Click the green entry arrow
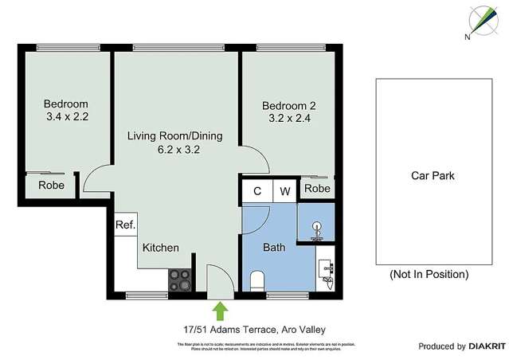pos(219,310)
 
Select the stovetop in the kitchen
pos(179,279)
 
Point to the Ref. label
pos(125,225)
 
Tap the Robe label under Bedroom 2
pos(317,189)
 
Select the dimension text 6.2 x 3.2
pos(174,150)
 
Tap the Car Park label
pos(433,176)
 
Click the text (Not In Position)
pos(429,274)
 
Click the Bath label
pos(274,248)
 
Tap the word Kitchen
pos(160,248)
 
